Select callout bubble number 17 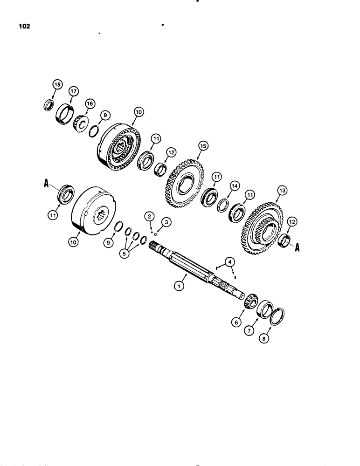73,92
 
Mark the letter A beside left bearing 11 46,185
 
